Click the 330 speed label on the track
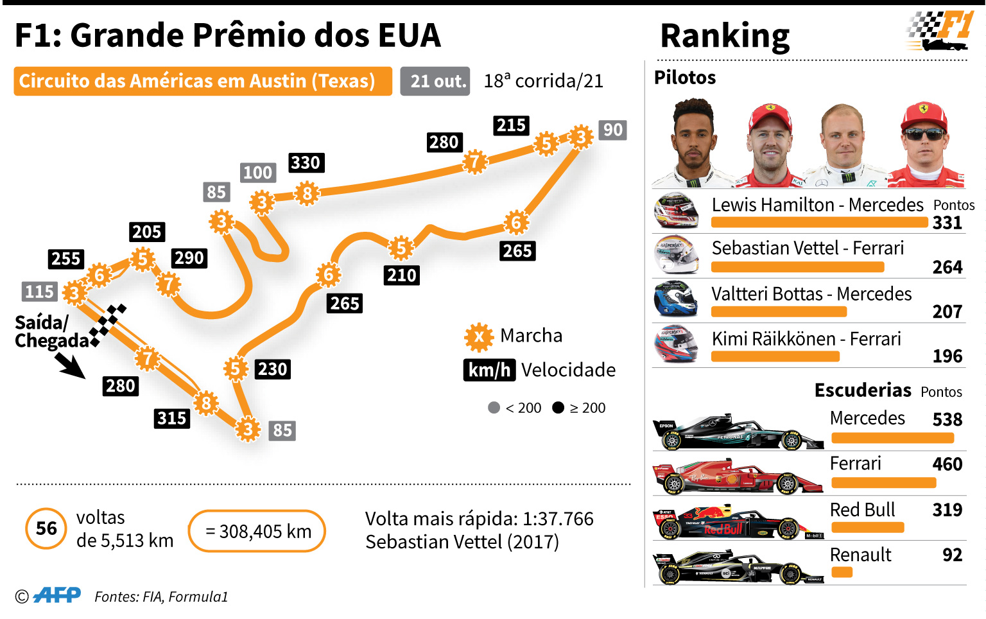pyautogui.click(x=306, y=163)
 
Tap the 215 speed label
pyautogui.click(x=511, y=125)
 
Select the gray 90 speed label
pyautogui.click(x=613, y=130)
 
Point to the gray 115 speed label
pyautogui.click(x=40, y=292)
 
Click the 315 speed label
pyautogui.click(x=171, y=418)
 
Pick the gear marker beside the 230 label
pyautogui.click(x=235, y=369)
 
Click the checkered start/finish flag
pyautogui.click(x=107, y=325)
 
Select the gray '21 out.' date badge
pyautogui.click(x=435, y=81)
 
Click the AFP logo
pyautogui.click(x=56, y=595)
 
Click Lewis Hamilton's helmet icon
pyautogui.click(x=676, y=211)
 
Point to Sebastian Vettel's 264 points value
pyautogui.click(x=947, y=266)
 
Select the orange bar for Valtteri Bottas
pyautogui.click(x=779, y=311)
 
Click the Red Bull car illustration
pyautogui.click(x=738, y=522)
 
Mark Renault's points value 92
pyautogui.click(x=952, y=555)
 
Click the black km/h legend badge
pyautogui.click(x=489, y=370)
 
